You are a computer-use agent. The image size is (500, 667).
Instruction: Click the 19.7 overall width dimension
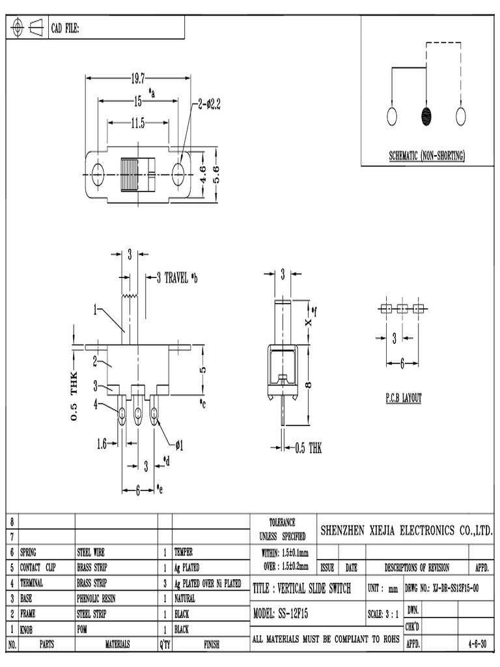click(x=137, y=79)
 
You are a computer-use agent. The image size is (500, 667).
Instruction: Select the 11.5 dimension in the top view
click(x=137, y=122)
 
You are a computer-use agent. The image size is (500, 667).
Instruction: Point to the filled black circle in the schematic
click(x=426, y=117)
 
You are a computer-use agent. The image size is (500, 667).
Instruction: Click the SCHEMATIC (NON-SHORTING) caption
click(x=426, y=155)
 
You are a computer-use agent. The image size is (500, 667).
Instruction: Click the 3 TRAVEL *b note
click(x=176, y=277)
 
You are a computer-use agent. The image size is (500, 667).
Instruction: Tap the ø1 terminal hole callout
click(x=179, y=445)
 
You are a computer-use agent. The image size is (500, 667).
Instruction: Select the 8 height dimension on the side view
click(x=309, y=384)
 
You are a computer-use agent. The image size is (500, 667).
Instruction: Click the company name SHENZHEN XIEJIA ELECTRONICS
click(x=407, y=531)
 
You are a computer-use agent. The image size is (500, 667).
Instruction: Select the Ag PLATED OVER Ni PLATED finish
click(x=207, y=583)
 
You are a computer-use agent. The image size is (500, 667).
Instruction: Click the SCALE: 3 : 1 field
click(x=384, y=614)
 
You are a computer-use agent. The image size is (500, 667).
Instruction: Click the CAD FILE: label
click(x=65, y=28)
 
